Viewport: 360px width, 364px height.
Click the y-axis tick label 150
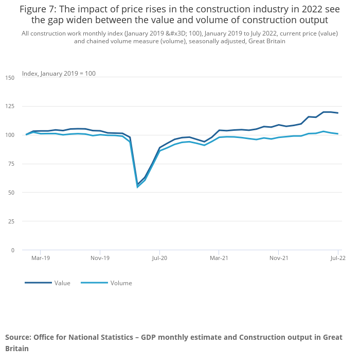pyautogui.click(x=10, y=78)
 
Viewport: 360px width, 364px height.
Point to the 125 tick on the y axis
pyautogui.click(x=10, y=106)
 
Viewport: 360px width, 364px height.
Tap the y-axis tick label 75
pyautogui.click(x=12, y=164)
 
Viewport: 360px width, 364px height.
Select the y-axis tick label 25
pyautogui.click(x=12, y=221)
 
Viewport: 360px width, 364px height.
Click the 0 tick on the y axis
pyautogui.click(x=13, y=250)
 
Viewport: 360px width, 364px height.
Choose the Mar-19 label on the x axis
pyautogui.click(x=41, y=258)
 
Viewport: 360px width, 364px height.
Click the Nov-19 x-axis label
pyautogui.click(x=100, y=258)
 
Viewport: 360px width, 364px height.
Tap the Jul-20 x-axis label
pyautogui.click(x=159, y=258)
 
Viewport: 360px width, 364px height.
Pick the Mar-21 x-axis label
pyautogui.click(x=219, y=258)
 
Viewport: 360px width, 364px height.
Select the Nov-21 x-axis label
pyautogui.click(x=278, y=258)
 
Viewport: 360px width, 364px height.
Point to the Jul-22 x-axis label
pyautogui.click(x=337, y=258)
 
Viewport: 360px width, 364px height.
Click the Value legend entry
pyautogui.click(x=62, y=283)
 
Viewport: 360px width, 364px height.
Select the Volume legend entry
pyautogui.click(x=121, y=283)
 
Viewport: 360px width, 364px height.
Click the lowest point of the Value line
pyautogui.click(x=137, y=184)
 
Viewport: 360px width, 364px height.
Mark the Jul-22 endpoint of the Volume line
pyautogui.click(x=338, y=134)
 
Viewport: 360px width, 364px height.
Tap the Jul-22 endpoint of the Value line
pyautogui.click(x=338, y=113)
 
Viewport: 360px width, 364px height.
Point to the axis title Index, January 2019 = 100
pyautogui.click(x=59, y=74)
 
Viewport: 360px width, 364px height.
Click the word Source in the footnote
pyautogui.click(x=17, y=337)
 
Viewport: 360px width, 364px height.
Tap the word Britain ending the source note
pyautogui.click(x=17, y=349)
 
